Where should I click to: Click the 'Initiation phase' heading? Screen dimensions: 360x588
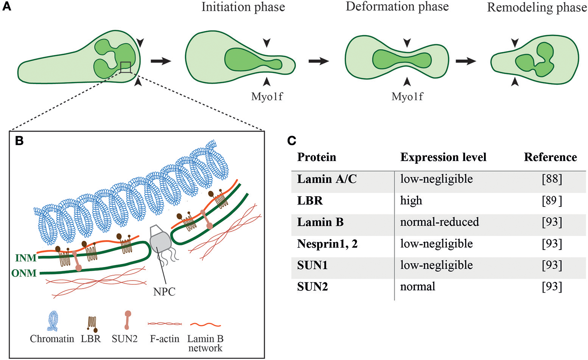pos(243,7)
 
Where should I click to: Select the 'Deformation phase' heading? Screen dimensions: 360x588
pos(397,7)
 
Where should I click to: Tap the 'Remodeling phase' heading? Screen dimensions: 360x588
pos(537,8)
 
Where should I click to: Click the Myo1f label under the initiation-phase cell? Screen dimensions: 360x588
pos(267,97)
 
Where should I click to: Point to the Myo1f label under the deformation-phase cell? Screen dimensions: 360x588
pos(407,97)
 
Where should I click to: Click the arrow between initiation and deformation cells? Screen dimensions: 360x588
pos(319,61)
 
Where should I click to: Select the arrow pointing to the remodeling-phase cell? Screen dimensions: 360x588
pos(465,61)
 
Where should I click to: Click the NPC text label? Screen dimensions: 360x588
pos(164,292)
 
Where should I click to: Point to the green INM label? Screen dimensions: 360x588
pos(26,258)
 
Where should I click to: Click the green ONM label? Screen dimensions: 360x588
pos(24,273)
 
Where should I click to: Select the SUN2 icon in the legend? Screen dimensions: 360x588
pos(128,320)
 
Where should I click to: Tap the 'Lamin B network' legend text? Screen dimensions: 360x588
pos(205,343)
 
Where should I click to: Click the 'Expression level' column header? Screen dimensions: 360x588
pos(443,157)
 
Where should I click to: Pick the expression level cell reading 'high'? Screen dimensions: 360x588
pos(411,200)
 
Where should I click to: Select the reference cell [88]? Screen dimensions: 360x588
pos(552,179)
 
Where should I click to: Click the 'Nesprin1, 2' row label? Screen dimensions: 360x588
pos(327,244)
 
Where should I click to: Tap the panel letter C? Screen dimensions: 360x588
pos(292,141)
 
